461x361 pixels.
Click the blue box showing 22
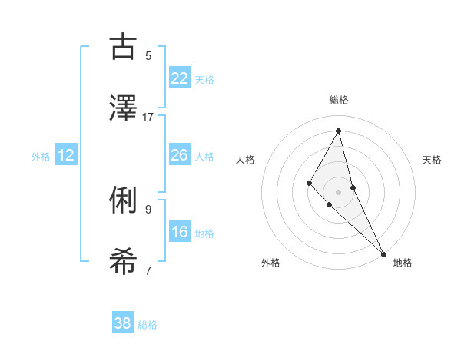[180, 78]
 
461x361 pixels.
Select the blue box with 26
[180, 155]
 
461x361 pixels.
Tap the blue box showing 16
[180, 232]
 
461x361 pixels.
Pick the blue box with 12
[66, 155]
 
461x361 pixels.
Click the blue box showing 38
[123, 323]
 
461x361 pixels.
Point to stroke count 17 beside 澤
[148, 117]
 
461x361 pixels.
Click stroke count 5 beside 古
[148, 55]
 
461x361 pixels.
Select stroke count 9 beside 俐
[148, 209]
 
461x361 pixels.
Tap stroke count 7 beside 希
[148, 270]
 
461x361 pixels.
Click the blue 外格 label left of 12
[41, 157]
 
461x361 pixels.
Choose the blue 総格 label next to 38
[148, 325]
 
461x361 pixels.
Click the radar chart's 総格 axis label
[339, 100]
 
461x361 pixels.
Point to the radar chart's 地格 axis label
[403, 263]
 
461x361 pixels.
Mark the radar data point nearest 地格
[383, 253]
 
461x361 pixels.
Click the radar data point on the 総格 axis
[339, 130]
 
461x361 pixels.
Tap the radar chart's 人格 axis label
[246, 160]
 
